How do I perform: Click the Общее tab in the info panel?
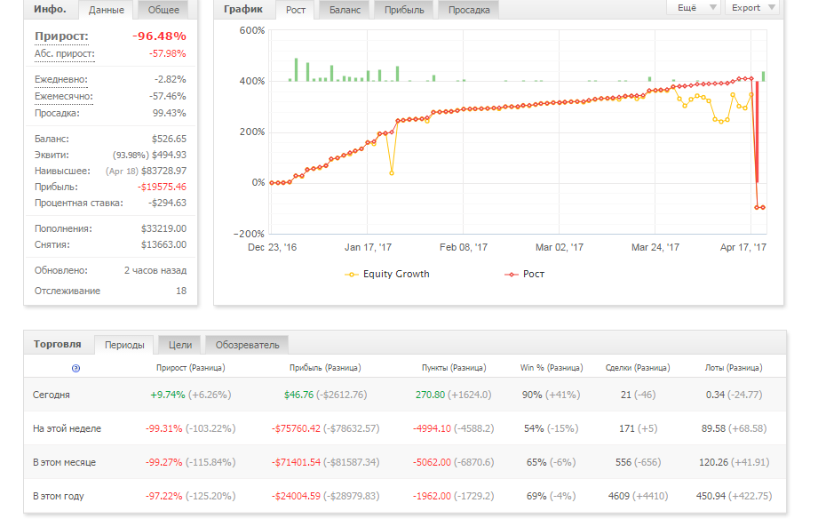pos(163,10)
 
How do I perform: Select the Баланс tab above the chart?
pos(345,10)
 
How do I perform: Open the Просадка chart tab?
pos(468,10)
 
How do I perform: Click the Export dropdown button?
pos(751,8)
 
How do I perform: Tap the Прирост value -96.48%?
pos(159,36)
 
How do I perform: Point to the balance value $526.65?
pos(169,139)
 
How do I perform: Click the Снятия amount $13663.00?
pos(163,244)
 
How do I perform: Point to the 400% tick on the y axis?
pos(252,81)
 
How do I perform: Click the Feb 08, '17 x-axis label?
pos(464,247)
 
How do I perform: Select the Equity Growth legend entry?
pos(387,274)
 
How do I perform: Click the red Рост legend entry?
pos(524,274)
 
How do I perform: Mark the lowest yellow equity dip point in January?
pos(392,172)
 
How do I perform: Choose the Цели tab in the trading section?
pos(180,345)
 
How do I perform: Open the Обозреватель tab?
pos(247,345)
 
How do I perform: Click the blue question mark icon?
pos(75,369)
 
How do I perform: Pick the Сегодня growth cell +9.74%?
pos(168,395)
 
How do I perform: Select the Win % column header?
pos(552,368)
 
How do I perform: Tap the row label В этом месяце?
pos(64,463)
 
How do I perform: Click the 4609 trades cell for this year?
pos(619,496)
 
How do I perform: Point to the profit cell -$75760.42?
pos(296,428)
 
